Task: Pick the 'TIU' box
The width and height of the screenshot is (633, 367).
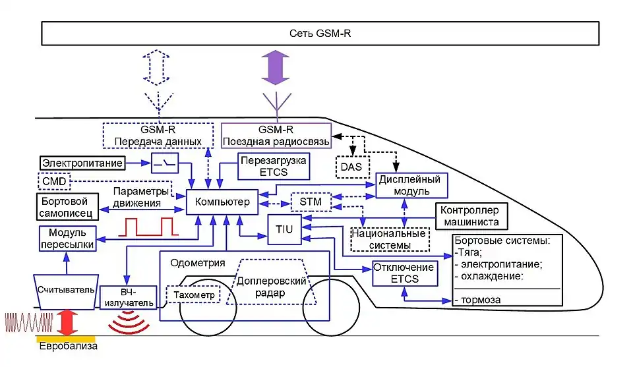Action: (284, 228)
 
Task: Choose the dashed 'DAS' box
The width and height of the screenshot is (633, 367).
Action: (351, 167)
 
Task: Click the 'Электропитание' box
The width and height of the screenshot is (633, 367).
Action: (82, 162)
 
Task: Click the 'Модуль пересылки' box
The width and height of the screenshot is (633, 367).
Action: (68, 238)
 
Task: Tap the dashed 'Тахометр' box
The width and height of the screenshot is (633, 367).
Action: (195, 295)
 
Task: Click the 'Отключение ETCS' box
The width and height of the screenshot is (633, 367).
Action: (404, 273)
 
